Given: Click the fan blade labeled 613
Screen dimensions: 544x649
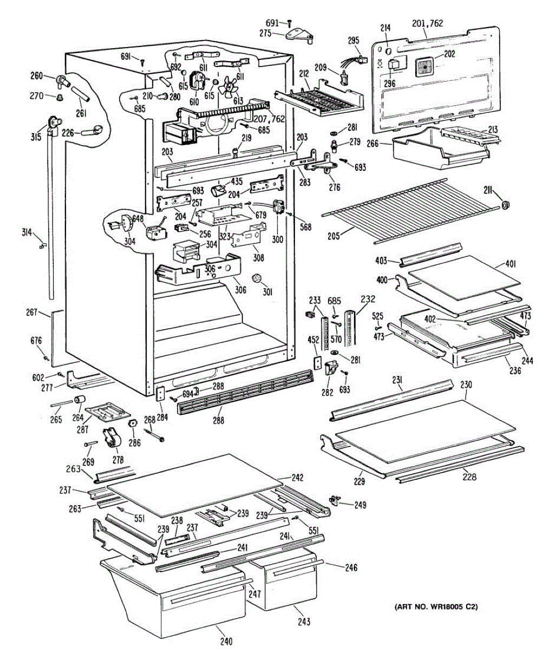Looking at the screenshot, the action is (x=228, y=86).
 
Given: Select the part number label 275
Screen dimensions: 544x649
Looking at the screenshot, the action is (x=265, y=33).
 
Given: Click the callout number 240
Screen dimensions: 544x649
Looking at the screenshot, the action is (x=226, y=641).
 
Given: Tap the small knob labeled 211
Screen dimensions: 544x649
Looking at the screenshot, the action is (x=506, y=205).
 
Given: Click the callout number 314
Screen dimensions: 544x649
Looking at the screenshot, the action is (x=27, y=232).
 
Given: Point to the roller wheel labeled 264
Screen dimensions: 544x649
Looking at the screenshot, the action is (x=80, y=400).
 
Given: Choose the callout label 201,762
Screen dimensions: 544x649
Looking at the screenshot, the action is (x=428, y=23).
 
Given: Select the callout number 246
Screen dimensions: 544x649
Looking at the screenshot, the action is (x=351, y=567).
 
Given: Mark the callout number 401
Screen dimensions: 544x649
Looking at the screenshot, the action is (x=510, y=264).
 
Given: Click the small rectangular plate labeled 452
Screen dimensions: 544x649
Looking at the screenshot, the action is (x=317, y=362).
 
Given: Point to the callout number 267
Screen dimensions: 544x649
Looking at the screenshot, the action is (x=32, y=312).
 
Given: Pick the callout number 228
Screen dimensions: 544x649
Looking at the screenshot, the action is (x=469, y=476).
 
